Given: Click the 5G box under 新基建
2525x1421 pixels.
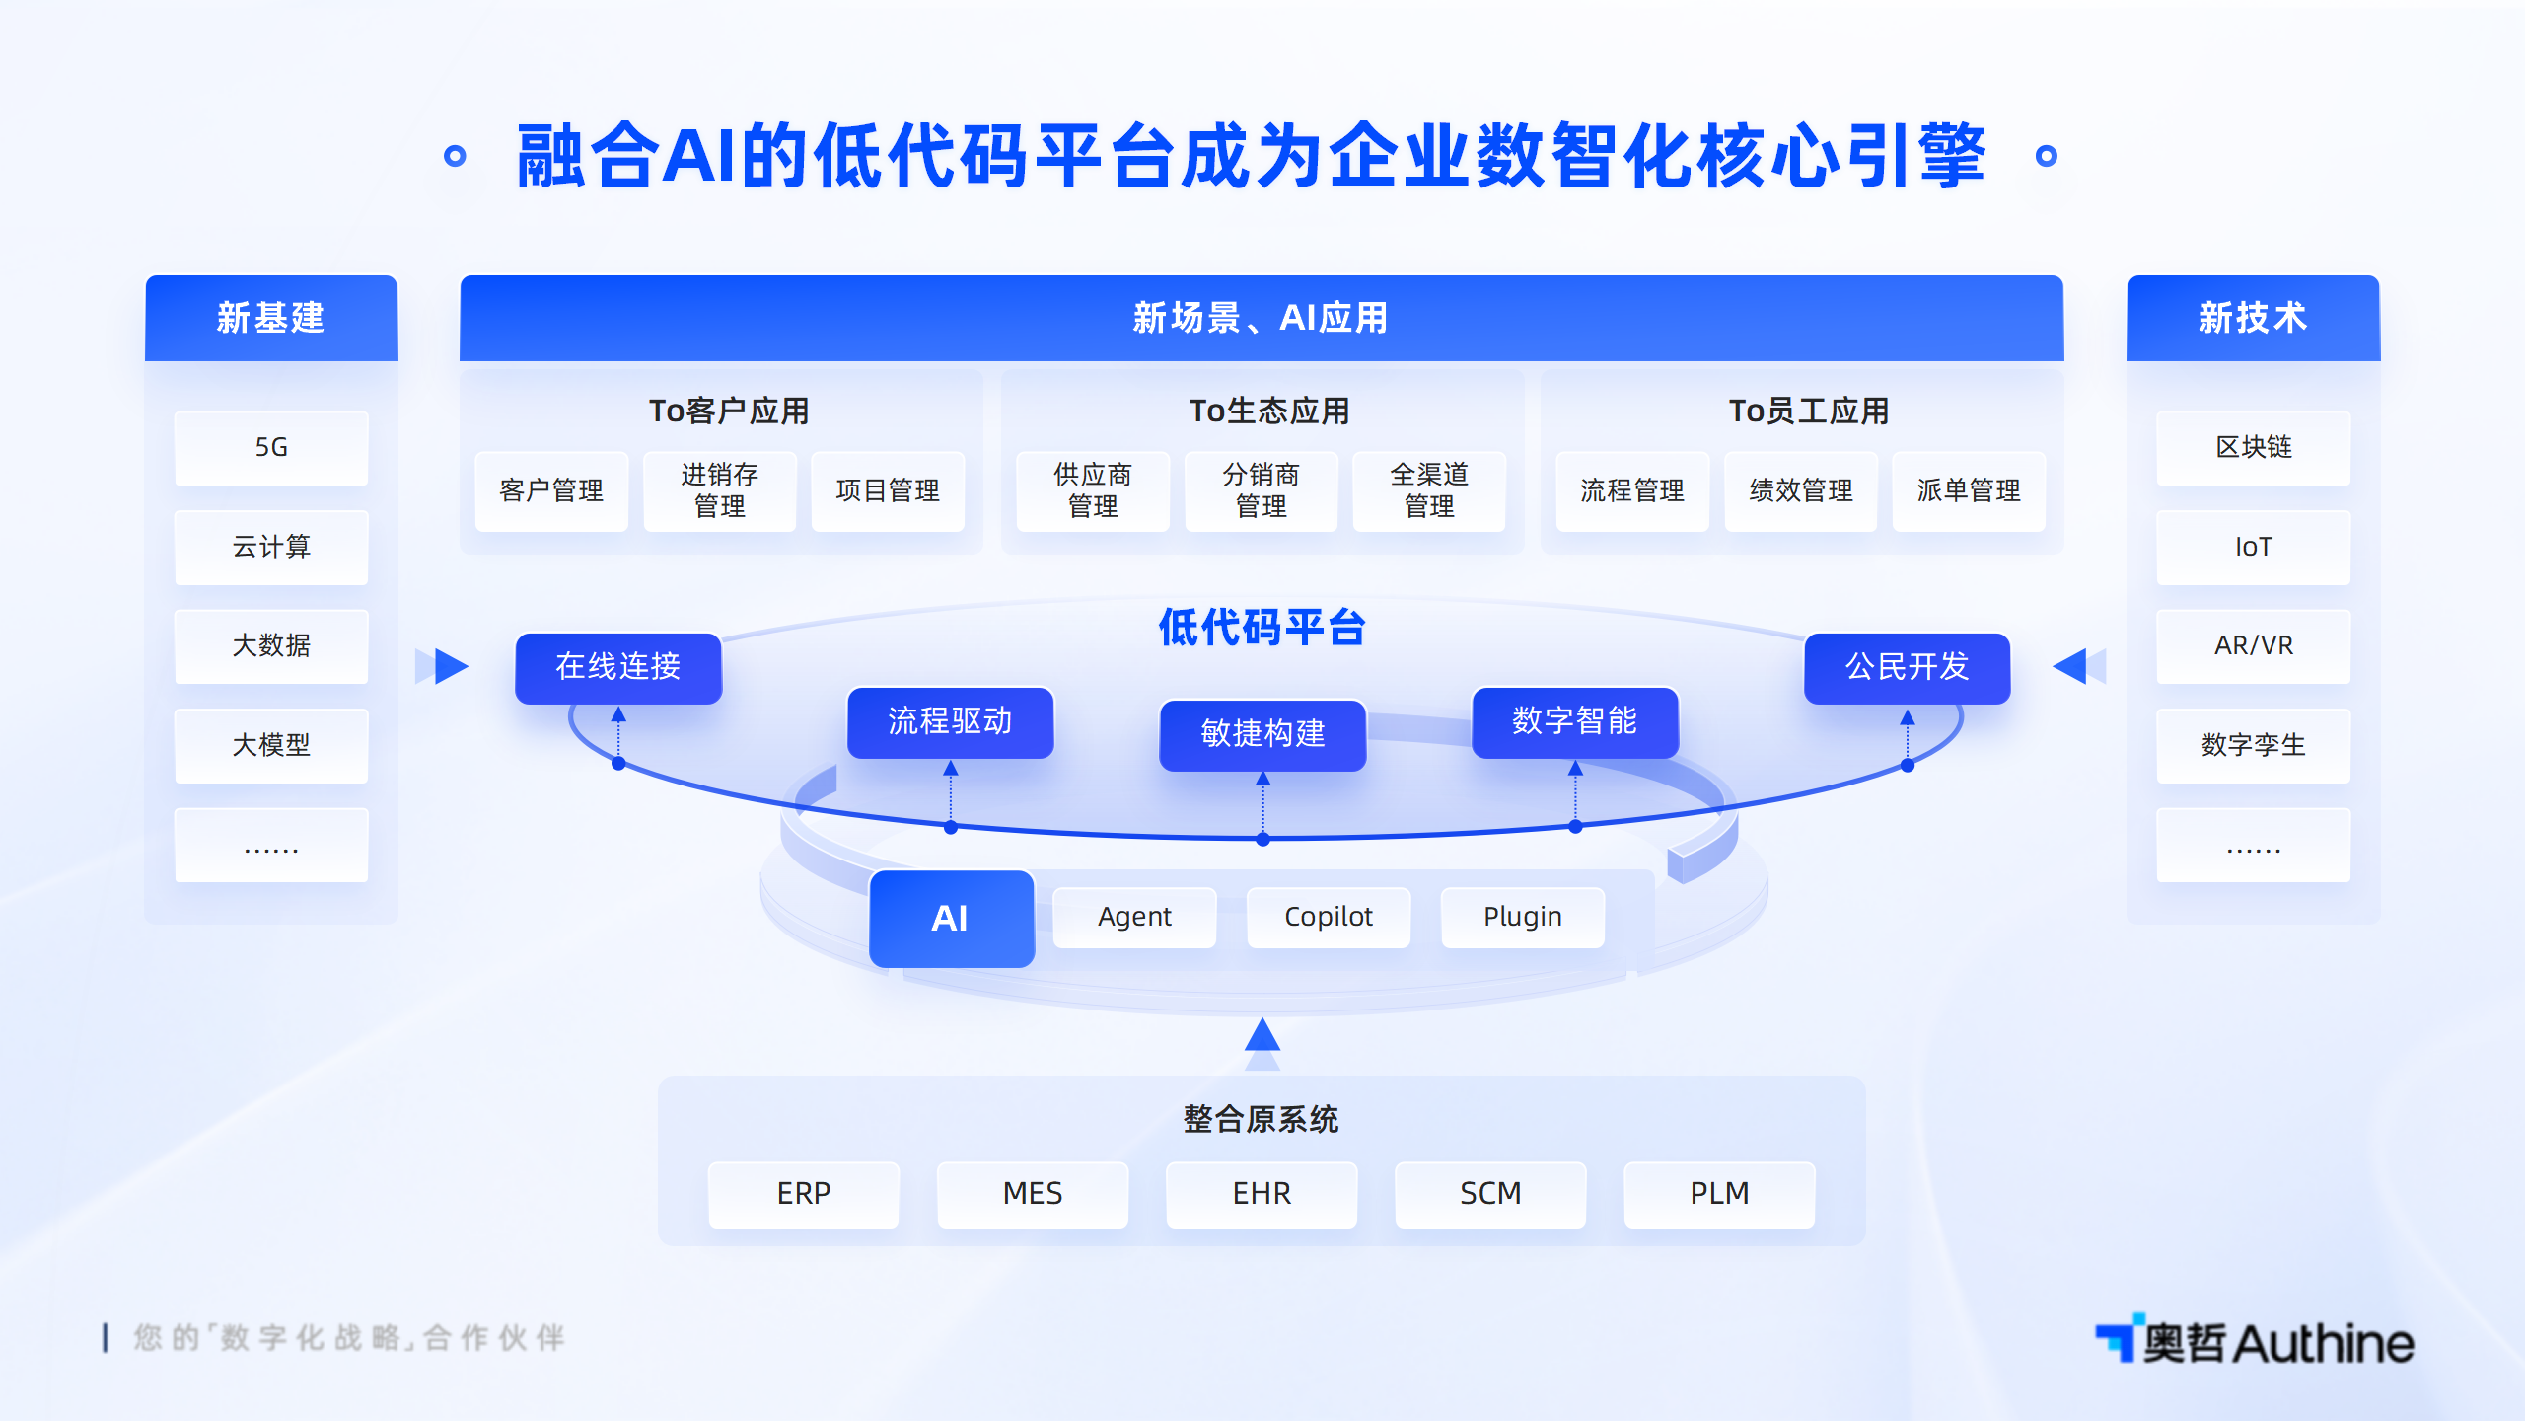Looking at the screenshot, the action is [x=271, y=448].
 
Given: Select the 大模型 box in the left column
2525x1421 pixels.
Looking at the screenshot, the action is [x=271, y=745].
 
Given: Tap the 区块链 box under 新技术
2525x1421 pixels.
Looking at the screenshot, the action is [x=2254, y=448].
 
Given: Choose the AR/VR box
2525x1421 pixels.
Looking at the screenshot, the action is [x=2254, y=646].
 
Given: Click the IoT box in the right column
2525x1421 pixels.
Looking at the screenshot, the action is [x=2254, y=547].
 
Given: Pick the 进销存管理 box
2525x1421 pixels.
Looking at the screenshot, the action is [x=719, y=491].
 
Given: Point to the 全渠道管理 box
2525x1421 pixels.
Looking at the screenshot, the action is [x=1429, y=491].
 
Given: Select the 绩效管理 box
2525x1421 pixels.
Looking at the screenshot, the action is [x=1801, y=491].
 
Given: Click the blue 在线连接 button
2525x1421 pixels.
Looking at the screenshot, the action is [x=618, y=668].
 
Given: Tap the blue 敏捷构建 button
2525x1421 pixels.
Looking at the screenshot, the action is [x=1262, y=735].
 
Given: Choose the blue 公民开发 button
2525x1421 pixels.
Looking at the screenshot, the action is [x=1908, y=668].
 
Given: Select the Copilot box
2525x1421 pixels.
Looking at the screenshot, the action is [x=1329, y=918].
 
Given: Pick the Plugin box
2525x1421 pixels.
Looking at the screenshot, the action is [x=1523, y=918].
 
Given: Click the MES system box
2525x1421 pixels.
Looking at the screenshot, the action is [x=1033, y=1195].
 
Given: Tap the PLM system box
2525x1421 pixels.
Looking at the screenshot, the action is [x=1719, y=1195].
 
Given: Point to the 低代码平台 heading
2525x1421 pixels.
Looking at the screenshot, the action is [x=1262, y=628].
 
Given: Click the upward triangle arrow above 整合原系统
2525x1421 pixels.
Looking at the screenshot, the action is [x=1262, y=1036].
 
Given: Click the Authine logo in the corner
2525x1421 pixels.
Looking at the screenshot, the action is [x=2255, y=1341].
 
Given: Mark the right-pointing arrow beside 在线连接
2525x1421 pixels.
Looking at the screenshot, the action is [x=451, y=666].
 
